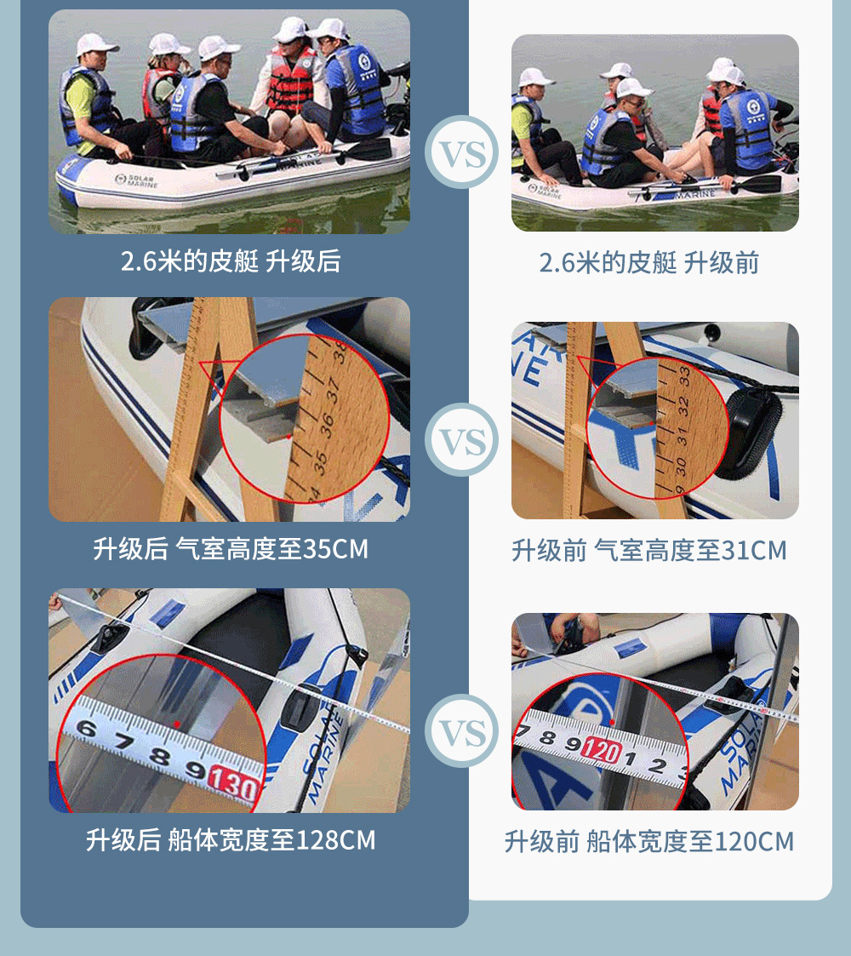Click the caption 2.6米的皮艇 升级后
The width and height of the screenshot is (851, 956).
230,261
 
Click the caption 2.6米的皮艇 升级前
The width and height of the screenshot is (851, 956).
648,263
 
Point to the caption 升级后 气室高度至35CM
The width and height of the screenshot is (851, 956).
230,549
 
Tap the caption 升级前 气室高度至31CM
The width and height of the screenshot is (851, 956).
648,551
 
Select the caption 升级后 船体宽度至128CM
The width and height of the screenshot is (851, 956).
230,840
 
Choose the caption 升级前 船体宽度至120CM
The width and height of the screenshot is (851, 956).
648,842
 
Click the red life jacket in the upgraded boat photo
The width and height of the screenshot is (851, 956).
291,81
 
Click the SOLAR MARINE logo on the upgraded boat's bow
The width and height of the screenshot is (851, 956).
136,180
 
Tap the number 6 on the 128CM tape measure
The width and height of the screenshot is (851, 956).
87,729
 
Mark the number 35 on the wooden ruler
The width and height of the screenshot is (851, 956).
320,461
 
